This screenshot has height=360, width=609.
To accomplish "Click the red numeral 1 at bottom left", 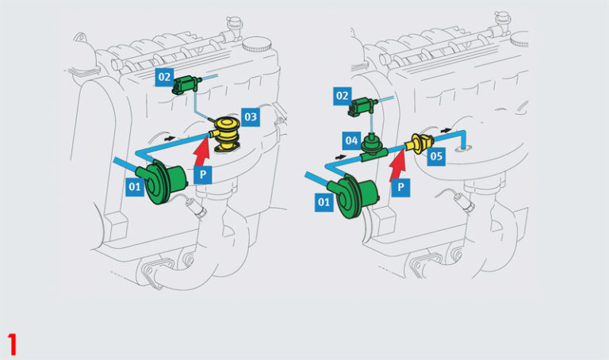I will coord(12,344).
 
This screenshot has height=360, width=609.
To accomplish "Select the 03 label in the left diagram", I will coord(251,117).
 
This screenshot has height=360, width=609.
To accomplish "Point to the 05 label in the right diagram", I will coord(436,157).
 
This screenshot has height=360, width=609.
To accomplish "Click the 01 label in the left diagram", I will coord(136,186).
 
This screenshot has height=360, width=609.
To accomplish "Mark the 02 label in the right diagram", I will coord(343,96).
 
